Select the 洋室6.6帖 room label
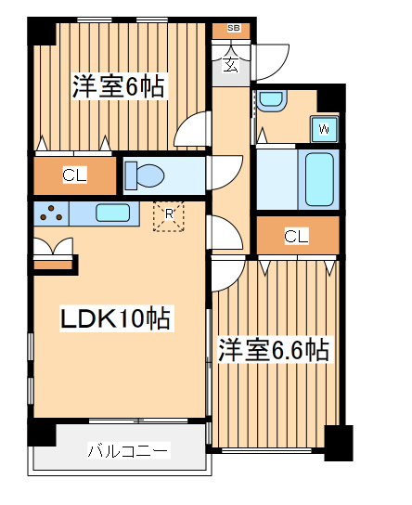[274, 350]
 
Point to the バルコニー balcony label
[128, 451]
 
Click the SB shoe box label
[232, 29]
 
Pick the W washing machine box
[324, 127]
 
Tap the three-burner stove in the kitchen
[51, 213]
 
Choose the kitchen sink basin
[112, 213]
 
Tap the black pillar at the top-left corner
[42, 30]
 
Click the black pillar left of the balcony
[41, 433]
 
